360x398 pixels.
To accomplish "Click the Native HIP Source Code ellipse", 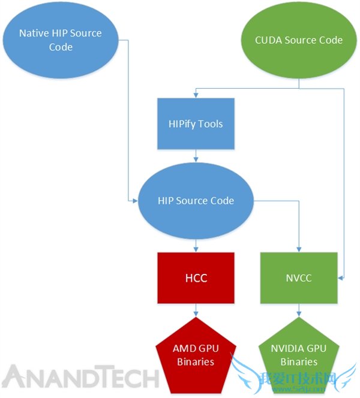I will (x=61, y=40).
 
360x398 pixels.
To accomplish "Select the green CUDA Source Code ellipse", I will (x=299, y=40).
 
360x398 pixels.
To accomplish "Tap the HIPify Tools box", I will (x=196, y=124).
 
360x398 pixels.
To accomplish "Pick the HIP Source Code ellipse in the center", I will (x=196, y=200).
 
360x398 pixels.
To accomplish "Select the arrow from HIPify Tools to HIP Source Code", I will (x=196, y=156).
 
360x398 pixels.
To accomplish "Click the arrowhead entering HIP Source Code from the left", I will (x=135, y=200).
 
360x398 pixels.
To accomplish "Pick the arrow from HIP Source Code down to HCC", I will (x=196, y=245).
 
